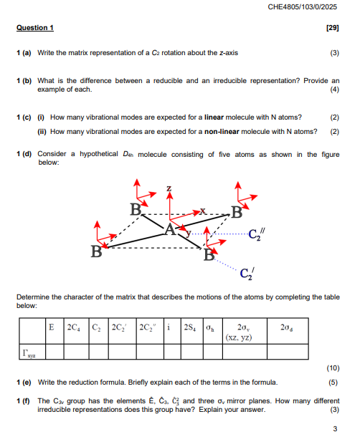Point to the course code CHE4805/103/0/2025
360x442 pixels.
tap(302, 7)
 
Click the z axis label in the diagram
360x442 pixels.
tap(169, 188)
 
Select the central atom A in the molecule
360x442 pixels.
tap(170, 229)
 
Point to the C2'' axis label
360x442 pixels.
tap(255, 233)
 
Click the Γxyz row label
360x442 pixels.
tap(29, 351)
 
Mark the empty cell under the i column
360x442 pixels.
tap(171, 351)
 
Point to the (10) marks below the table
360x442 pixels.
tap(332, 367)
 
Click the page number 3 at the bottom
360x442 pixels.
tap(335, 428)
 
